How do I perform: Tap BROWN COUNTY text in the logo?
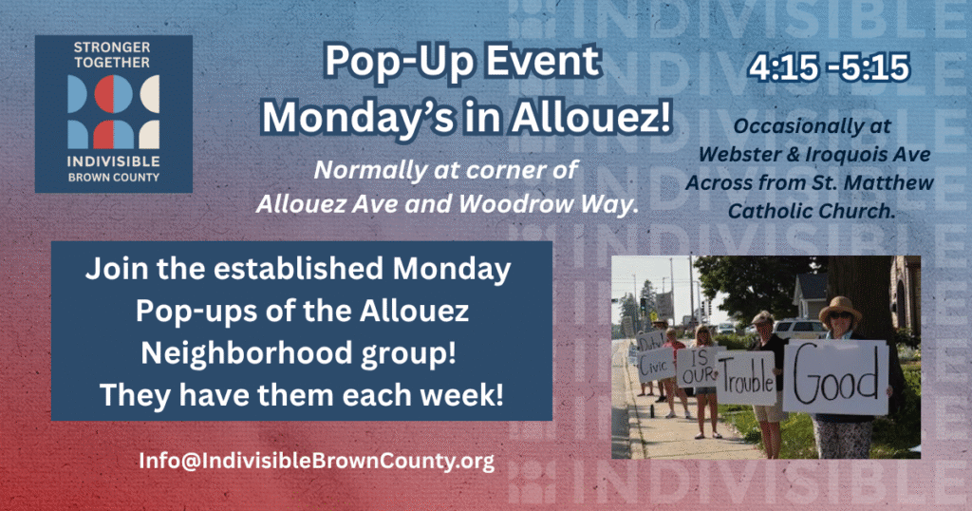coord(113,177)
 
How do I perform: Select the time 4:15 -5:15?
coord(829,67)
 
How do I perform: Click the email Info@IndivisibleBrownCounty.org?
coord(317,462)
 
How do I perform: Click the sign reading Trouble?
coord(745,378)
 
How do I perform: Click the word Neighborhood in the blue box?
coord(247,354)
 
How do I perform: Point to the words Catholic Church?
coord(811,211)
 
